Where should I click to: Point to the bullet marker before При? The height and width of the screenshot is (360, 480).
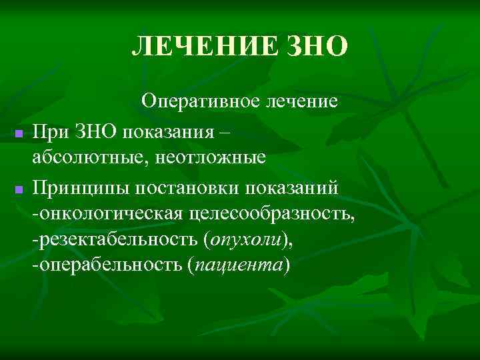tap(19, 135)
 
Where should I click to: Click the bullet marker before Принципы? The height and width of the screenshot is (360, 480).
tap(19, 191)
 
